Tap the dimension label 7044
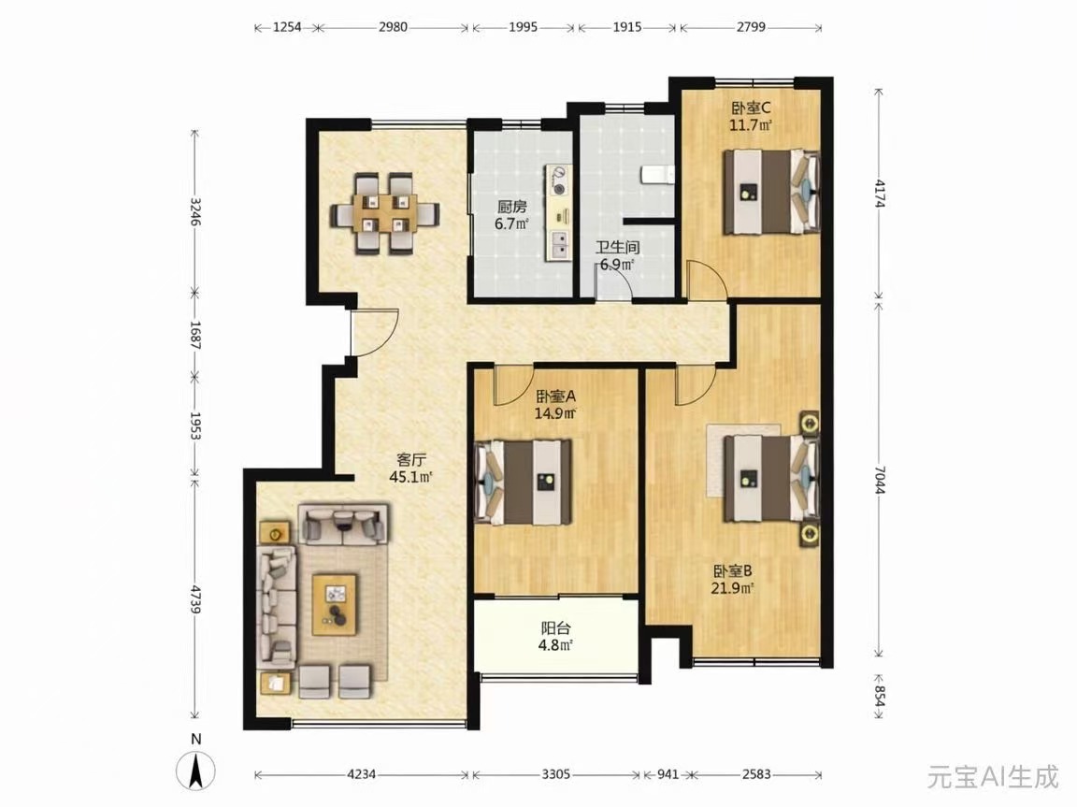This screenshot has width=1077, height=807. click(881, 480)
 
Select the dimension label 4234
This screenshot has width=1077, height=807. click(361, 774)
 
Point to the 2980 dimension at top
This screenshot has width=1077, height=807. click(393, 27)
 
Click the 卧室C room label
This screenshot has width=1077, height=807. click(751, 108)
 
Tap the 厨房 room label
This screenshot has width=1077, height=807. click(511, 207)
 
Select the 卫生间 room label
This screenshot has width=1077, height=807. click(617, 247)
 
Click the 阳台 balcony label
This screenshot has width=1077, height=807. click(555, 627)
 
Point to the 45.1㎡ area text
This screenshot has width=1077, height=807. click(410, 477)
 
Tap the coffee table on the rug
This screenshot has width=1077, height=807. click(335, 605)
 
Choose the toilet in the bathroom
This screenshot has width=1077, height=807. click(657, 175)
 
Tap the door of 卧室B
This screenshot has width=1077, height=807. click(696, 385)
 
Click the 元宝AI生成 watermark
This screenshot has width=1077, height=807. click(993, 777)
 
